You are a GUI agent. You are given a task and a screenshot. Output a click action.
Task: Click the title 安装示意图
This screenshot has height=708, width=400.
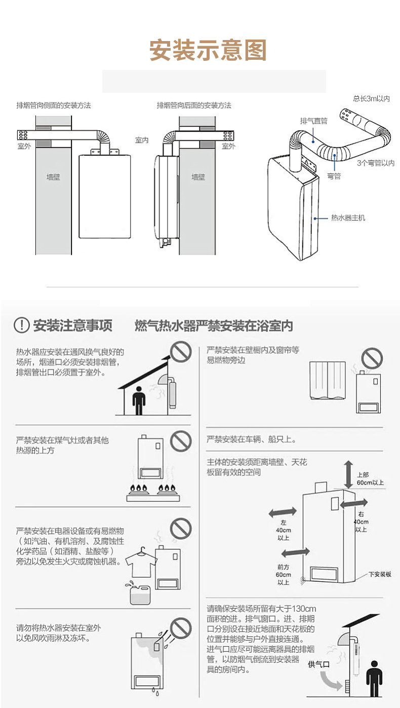tap(208, 51)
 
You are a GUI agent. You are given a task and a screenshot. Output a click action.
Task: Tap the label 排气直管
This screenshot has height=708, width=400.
tap(313, 121)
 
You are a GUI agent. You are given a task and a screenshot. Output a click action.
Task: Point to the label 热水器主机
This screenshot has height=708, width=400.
tap(348, 218)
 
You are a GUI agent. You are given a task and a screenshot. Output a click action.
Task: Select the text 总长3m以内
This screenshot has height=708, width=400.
tap(371, 99)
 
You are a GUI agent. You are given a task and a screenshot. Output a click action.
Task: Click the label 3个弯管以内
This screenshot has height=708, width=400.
tap(375, 163)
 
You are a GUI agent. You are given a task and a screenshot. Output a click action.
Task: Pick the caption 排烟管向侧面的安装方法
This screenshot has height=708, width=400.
tap(54, 105)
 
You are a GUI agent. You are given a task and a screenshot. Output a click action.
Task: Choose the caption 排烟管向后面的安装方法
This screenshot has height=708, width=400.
tap(194, 105)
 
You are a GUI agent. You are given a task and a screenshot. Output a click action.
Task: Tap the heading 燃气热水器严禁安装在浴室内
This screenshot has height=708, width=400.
tap(214, 326)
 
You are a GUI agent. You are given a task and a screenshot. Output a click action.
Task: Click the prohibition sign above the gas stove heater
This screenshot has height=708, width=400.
tap(180, 441)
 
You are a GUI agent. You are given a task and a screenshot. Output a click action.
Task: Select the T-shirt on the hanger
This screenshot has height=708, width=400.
tap(139, 564)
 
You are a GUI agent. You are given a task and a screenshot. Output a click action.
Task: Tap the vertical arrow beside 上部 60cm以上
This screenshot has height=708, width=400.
tap(348, 474)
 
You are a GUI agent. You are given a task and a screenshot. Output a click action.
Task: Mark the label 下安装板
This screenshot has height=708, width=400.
tap(380, 574)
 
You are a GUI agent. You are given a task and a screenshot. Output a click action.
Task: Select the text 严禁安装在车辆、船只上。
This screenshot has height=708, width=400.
tap(252, 439)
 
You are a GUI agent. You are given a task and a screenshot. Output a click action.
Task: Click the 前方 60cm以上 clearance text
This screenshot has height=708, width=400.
tap(284, 575)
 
